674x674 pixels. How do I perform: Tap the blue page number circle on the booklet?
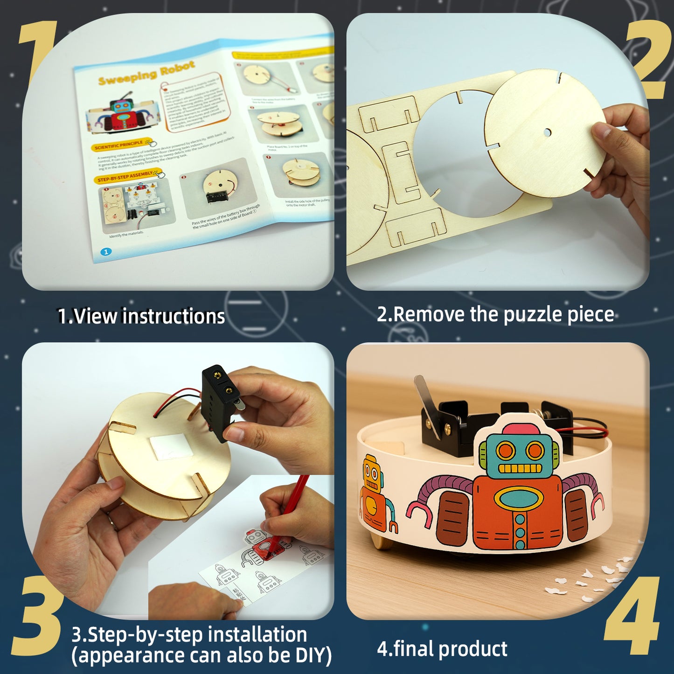tap(106, 252)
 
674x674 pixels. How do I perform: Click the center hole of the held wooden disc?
tap(547, 132)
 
